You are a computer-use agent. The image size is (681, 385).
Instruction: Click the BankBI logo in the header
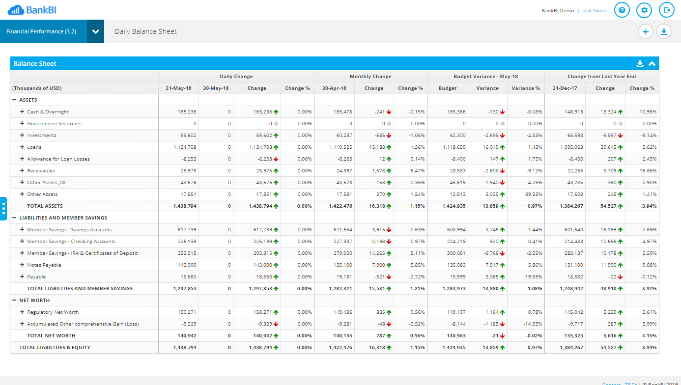click(32, 10)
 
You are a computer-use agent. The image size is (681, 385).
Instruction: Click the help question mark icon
click(622, 10)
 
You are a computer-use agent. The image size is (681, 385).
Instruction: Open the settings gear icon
click(644, 10)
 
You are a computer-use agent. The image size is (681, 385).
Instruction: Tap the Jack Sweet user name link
click(595, 11)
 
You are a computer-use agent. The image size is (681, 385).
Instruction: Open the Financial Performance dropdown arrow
click(95, 31)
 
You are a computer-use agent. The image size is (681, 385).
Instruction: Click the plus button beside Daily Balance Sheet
click(646, 31)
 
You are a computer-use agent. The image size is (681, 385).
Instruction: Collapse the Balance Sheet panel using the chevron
click(652, 63)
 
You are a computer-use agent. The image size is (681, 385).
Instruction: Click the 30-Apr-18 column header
click(334, 88)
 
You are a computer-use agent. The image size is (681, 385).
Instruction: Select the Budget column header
click(447, 88)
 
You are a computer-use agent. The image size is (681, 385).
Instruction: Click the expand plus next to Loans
click(22, 147)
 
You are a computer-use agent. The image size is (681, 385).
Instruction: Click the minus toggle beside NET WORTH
click(14, 301)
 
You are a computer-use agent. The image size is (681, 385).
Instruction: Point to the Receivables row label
click(41, 171)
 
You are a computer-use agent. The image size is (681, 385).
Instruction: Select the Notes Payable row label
click(44, 265)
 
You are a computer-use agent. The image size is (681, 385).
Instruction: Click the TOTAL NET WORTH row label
click(51, 336)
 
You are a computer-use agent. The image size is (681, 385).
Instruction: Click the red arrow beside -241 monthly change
click(389, 112)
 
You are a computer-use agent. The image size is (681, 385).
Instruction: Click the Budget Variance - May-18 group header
click(485, 77)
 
